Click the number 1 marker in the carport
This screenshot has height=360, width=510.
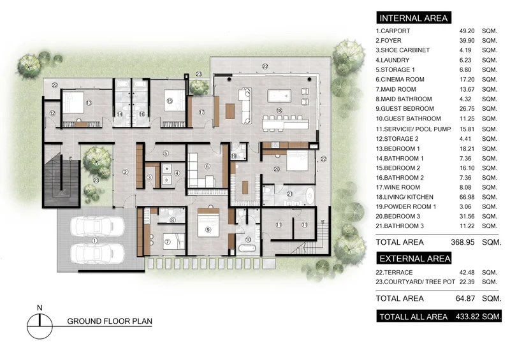coord(94,241)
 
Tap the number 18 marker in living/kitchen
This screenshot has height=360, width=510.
coord(279,111)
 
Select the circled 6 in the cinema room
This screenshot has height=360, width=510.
coord(207,166)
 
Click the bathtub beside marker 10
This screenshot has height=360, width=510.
coord(247,248)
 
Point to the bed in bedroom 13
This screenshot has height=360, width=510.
coord(73,102)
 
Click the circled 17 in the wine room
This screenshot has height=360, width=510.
coord(201,112)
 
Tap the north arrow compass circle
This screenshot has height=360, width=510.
coord(40,326)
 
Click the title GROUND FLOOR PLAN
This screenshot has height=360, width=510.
coord(110,321)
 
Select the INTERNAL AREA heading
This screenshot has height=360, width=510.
coord(414,18)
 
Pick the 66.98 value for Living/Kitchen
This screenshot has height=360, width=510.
coord(467,197)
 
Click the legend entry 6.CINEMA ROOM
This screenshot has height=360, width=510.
coord(400,80)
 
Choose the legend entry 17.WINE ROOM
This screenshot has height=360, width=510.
coord(398,187)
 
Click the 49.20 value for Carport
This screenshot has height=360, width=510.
coord(467,31)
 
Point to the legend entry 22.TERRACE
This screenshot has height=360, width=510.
coord(394,273)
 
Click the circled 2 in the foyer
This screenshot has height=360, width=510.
coord(126,172)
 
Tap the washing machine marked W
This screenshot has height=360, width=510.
coord(167,168)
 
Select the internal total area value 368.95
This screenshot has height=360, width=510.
coord(463,242)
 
